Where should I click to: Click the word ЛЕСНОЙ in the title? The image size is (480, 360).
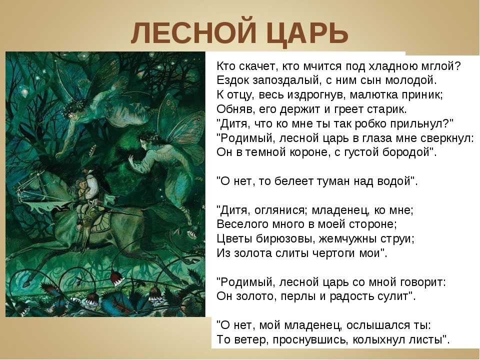pos(193,33)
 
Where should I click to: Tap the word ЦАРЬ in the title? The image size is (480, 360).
pos(307,33)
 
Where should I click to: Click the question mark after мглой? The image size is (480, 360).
pos(457,66)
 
